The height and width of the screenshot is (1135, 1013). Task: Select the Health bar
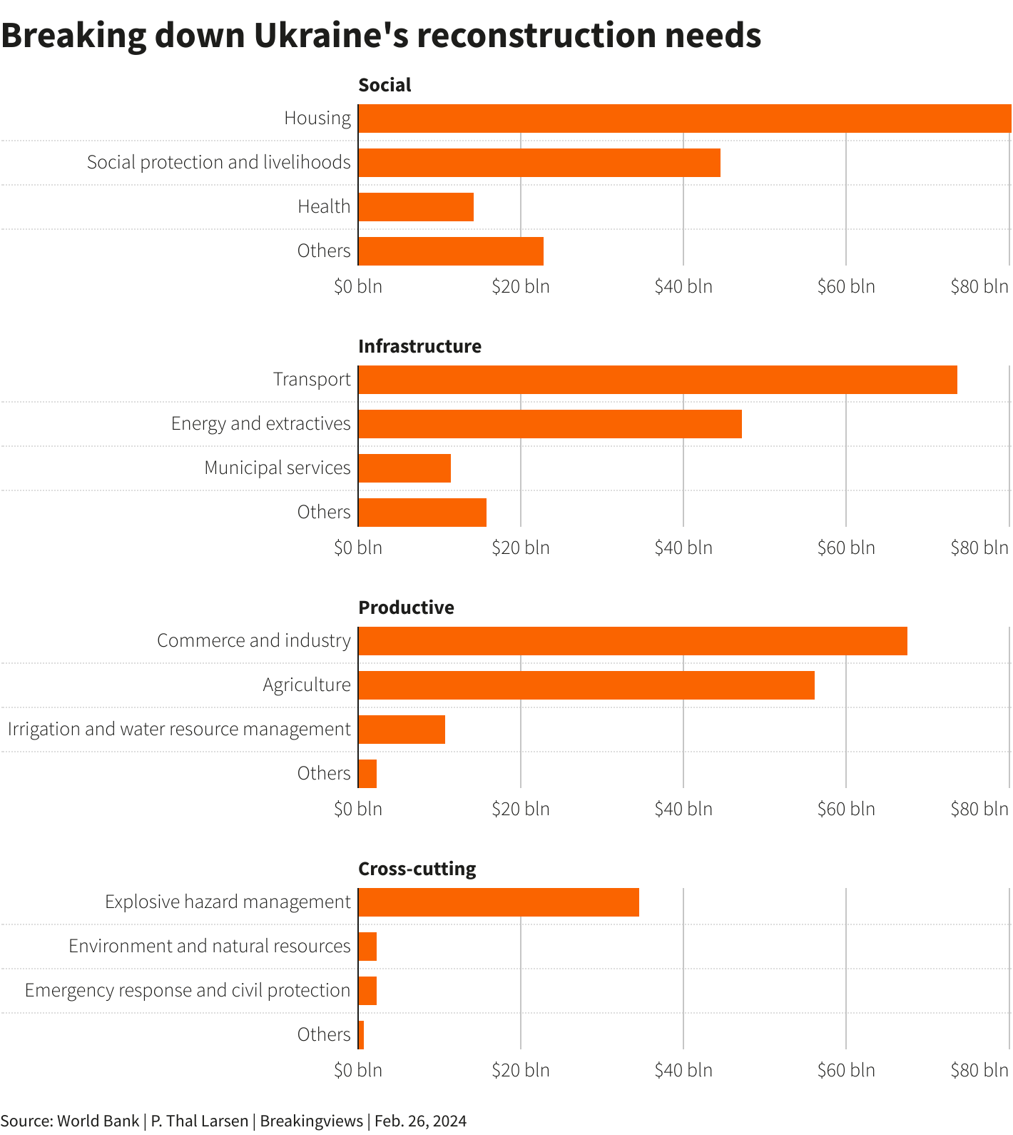(416, 207)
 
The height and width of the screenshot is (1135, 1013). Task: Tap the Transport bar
(657, 380)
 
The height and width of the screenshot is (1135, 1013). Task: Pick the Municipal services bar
(404, 468)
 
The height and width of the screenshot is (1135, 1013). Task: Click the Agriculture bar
(586, 685)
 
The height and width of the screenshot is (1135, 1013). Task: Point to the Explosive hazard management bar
(498, 902)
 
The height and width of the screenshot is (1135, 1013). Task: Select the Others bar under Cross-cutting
(361, 1035)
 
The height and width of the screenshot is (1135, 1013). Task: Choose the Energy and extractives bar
(549, 424)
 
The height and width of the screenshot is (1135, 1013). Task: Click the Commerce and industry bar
(632, 641)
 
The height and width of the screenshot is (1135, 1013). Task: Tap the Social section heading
(385, 85)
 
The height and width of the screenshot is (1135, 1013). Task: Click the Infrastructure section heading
(419, 346)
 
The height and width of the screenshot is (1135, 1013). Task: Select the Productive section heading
(406, 607)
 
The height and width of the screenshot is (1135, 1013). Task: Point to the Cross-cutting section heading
(417, 869)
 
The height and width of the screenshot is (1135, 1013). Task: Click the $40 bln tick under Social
(683, 287)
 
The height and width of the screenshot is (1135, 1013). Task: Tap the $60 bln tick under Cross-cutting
(846, 1071)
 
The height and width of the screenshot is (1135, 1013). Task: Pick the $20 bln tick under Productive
(521, 809)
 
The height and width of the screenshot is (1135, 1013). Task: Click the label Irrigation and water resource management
(179, 730)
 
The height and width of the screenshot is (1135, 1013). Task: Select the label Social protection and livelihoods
(218, 163)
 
